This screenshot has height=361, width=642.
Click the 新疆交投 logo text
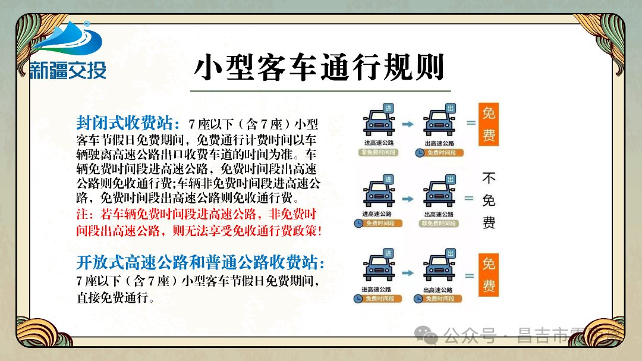68,70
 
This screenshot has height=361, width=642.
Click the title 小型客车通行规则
319,67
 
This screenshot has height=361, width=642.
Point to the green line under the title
320,91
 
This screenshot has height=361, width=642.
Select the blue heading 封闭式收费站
127,123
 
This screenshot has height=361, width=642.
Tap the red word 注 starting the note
82,215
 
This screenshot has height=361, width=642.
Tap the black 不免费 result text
489,200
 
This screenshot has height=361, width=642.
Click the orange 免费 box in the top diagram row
488,124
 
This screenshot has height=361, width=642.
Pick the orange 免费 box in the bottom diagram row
488,275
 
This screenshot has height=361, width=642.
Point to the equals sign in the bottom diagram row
470,276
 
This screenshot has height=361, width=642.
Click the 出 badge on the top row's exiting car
450,108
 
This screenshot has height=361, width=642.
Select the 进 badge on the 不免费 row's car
388,178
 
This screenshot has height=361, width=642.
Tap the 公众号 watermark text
470,336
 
